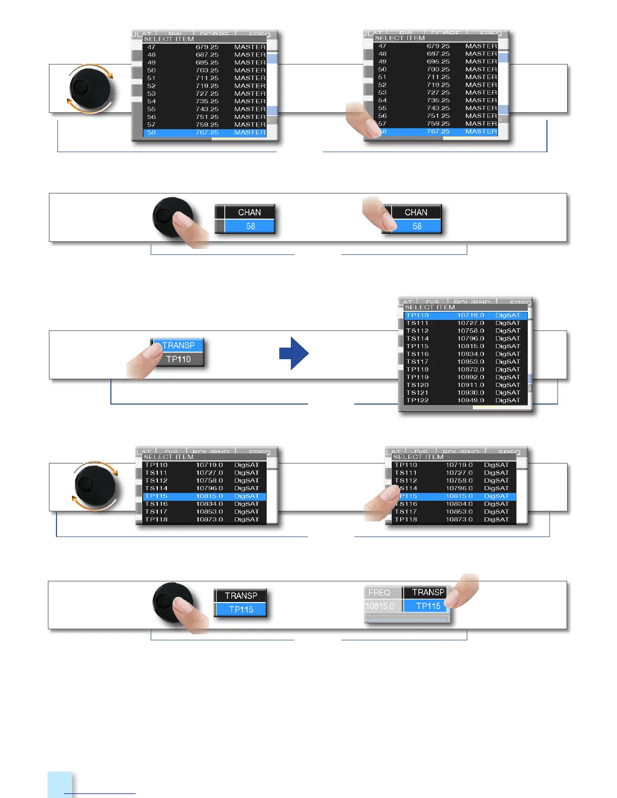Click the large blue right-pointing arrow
click(294, 353)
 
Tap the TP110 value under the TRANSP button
click(178, 359)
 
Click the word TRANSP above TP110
click(178, 346)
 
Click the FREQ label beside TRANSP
click(379, 592)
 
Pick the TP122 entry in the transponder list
click(417, 401)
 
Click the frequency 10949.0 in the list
click(470, 401)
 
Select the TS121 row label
click(417, 392)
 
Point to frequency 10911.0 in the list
click(470, 385)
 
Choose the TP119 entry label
click(417, 377)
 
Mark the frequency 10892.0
click(470, 377)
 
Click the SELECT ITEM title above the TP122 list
click(429, 307)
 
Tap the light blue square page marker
click(60, 784)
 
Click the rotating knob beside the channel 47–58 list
click(90, 89)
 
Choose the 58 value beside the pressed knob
click(251, 226)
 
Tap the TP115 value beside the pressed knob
click(241, 610)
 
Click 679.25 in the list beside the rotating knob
click(207, 47)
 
